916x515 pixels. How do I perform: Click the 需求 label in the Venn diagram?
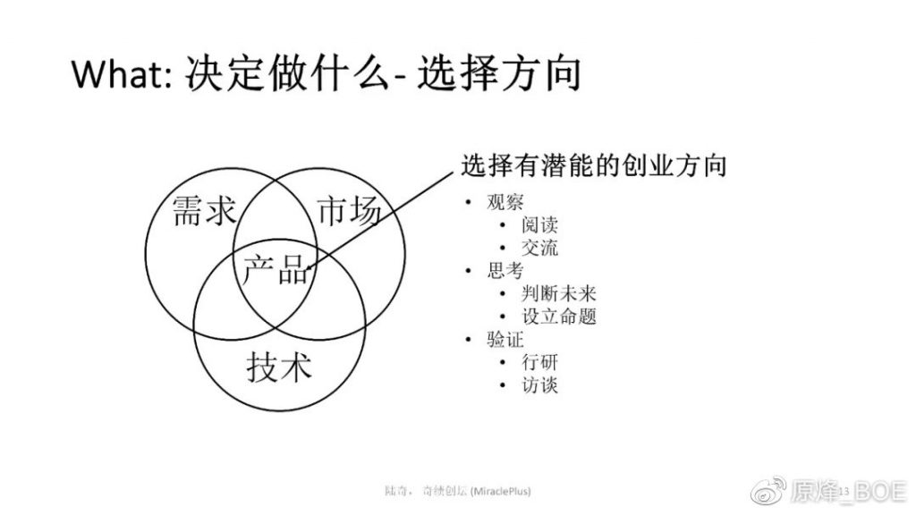tap(204, 210)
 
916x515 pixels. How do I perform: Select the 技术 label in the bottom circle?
tap(279, 367)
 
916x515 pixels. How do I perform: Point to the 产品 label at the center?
tap(276, 269)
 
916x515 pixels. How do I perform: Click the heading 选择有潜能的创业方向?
tap(594, 165)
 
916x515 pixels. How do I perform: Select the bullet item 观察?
tap(505, 202)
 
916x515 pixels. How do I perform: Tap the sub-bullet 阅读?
tap(539, 224)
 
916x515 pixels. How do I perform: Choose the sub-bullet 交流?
tap(539, 248)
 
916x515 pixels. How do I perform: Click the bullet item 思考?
tap(505, 270)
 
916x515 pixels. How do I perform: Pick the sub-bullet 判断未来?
tap(558, 293)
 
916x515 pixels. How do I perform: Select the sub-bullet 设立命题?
tap(558, 316)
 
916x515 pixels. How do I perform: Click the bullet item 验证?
tap(505, 339)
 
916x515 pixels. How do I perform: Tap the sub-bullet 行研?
tap(539, 362)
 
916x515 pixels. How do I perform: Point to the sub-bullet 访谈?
tap(539, 384)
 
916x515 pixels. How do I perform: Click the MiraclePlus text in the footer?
tap(501, 491)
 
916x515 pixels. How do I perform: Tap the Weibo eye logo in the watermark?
tap(768, 491)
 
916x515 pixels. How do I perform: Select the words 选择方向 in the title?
tap(498, 73)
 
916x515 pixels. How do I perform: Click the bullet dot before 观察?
tap(468, 203)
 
